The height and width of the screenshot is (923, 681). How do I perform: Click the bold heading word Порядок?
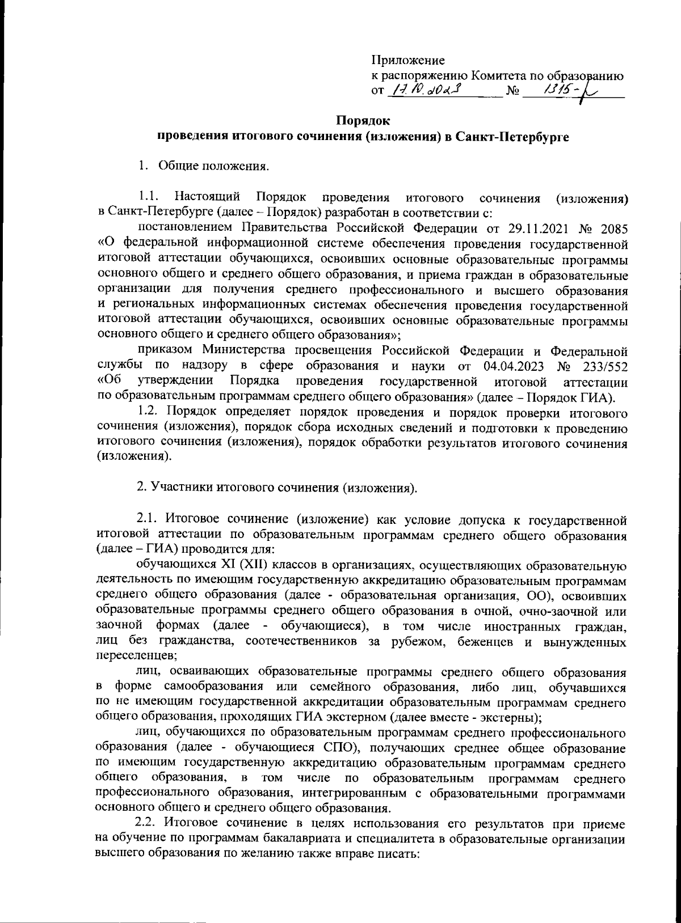pyautogui.click(x=363, y=121)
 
